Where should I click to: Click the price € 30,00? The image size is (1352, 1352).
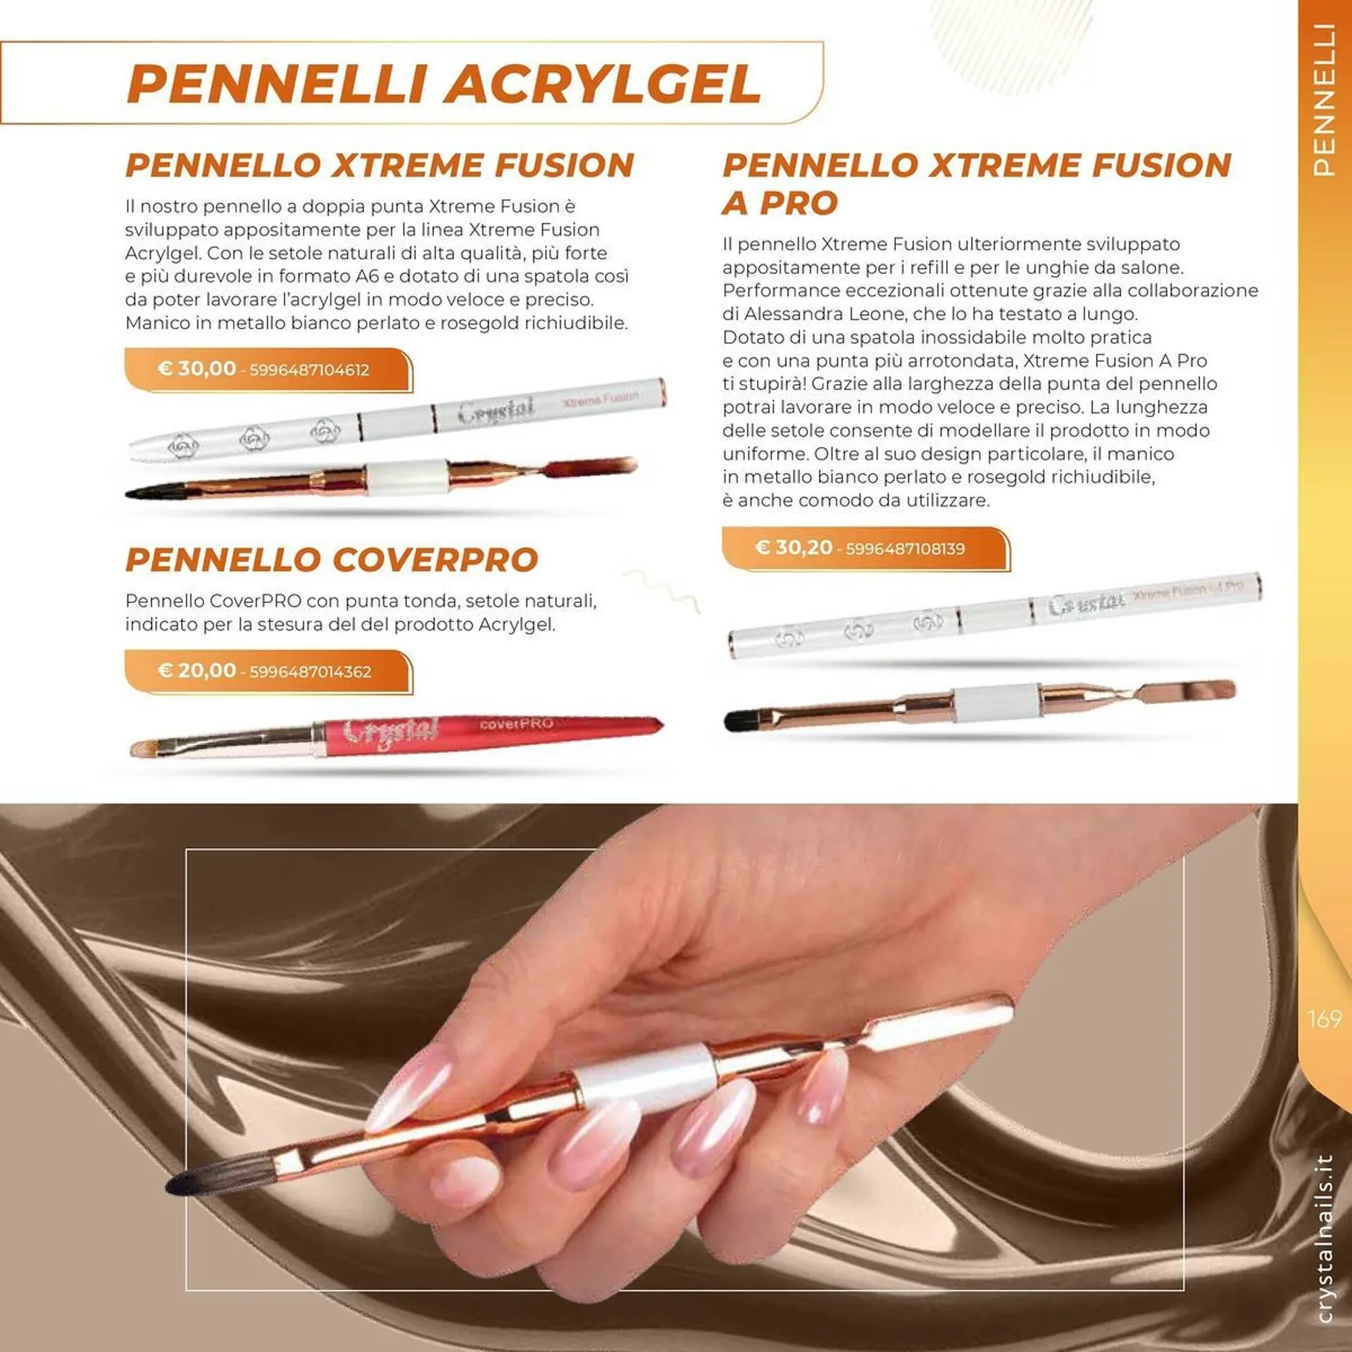[x=196, y=368]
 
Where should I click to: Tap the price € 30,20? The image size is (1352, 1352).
[x=794, y=547]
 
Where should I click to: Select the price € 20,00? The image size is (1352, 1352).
[x=196, y=670]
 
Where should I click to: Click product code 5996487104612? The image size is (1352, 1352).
[x=309, y=370]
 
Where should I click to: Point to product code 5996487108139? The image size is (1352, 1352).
[x=905, y=549]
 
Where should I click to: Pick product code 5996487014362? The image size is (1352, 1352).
[x=310, y=672]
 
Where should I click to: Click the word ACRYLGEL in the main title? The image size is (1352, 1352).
[x=603, y=84]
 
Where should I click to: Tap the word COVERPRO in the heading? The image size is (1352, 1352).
[x=435, y=561]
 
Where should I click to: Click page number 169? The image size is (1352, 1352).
[x=1324, y=1019]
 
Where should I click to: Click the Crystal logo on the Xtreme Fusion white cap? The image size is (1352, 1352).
[x=496, y=411]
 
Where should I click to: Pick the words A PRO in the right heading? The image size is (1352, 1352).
[x=780, y=204]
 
